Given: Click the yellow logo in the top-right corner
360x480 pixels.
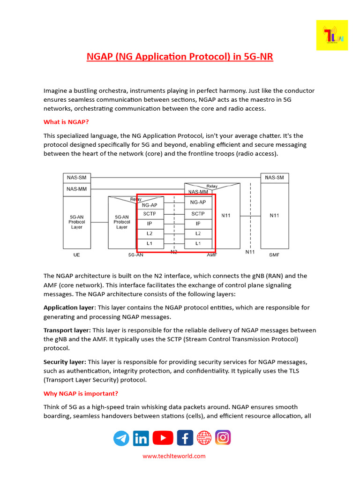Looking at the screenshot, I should (x=332, y=35).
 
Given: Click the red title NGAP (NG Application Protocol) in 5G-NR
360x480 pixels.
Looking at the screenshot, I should (x=180, y=57).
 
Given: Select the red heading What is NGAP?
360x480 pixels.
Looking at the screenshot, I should (x=66, y=122).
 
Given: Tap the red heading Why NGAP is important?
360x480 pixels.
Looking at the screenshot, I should (x=81, y=393).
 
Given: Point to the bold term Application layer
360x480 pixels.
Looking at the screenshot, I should (x=69, y=308).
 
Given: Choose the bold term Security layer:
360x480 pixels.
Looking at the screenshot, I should (x=65, y=362).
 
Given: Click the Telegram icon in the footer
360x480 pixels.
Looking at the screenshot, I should (x=121, y=438).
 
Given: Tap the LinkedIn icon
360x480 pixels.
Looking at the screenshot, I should (x=141, y=438).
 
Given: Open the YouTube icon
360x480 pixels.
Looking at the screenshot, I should (x=163, y=438).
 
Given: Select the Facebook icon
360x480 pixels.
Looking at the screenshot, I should (x=185, y=438).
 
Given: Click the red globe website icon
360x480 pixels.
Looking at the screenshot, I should (x=204, y=438).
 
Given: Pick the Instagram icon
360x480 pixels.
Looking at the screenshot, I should (x=223, y=438).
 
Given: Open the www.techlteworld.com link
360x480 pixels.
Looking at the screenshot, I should (x=174, y=456).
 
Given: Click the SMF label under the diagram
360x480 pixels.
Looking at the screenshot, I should (x=274, y=255).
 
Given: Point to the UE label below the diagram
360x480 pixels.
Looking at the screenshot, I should (x=77, y=255).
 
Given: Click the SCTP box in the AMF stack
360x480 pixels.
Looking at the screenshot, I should (x=198, y=214).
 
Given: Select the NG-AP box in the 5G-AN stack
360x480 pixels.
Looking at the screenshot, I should (x=150, y=204).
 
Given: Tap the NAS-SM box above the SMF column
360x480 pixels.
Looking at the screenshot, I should (x=274, y=178).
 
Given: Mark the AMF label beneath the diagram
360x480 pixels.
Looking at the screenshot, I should (x=211, y=255).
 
